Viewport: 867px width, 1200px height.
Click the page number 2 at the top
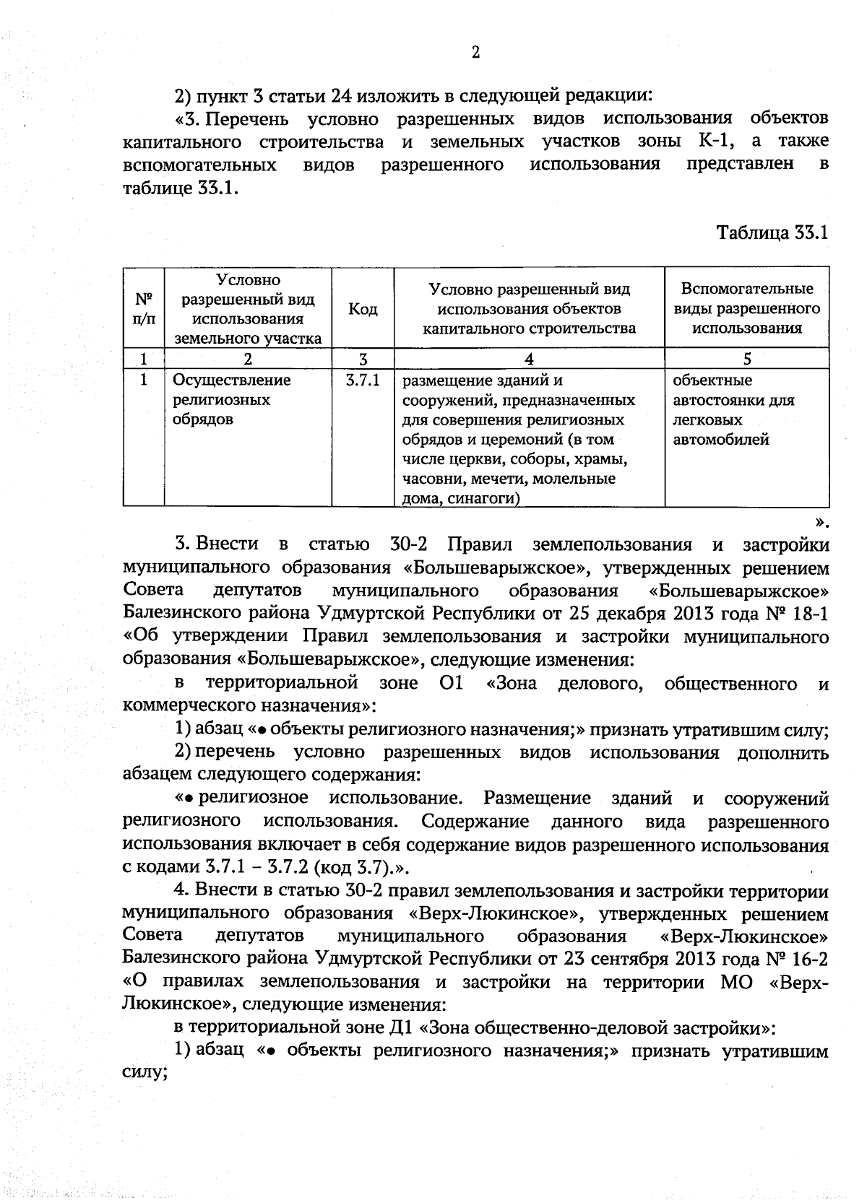click(x=475, y=52)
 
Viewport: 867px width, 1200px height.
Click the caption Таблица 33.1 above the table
click(x=771, y=233)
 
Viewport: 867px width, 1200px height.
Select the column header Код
click(x=363, y=309)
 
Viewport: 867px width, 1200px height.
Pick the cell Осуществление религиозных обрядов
click(x=231, y=399)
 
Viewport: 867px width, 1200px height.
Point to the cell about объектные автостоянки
click(x=733, y=409)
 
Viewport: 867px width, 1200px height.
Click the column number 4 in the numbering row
click(x=529, y=360)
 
